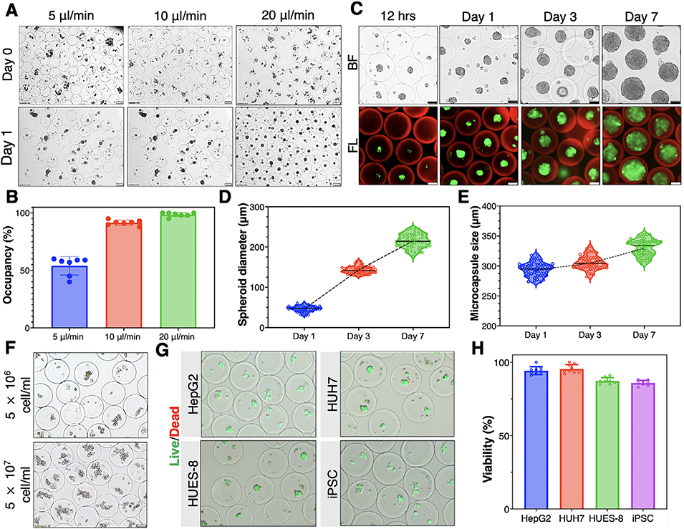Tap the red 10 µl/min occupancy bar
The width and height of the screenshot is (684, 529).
click(121, 276)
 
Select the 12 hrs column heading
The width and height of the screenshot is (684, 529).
click(405, 14)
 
